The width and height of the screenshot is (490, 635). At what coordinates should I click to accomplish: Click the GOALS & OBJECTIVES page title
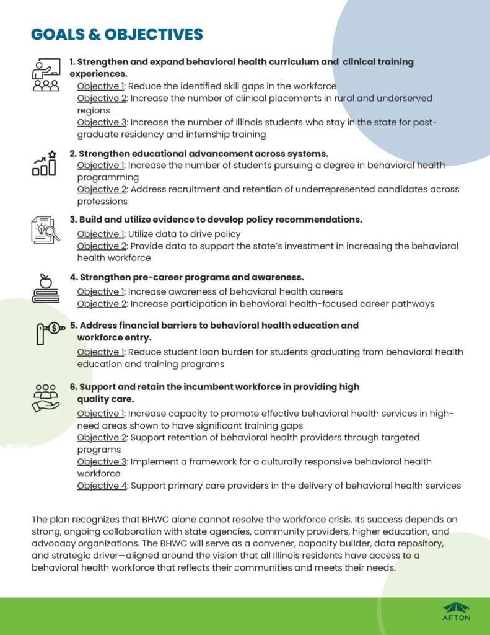tap(117, 34)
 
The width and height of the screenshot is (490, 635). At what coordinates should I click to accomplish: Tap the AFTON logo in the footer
tap(456, 610)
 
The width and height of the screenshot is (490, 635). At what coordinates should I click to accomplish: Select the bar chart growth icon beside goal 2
tap(45, 162)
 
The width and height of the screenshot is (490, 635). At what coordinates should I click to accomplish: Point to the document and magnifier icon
tap(45, 229)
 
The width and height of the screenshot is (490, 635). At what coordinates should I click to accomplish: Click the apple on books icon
tap(45, 289)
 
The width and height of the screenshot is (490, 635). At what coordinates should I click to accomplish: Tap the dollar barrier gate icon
tap(49, 332)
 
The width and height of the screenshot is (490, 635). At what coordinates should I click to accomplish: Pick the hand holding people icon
tap(46, 397)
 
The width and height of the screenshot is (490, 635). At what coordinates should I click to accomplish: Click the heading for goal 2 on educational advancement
tap(198, 153)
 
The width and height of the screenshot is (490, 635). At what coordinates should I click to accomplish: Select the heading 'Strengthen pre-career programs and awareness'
tap(186, 277)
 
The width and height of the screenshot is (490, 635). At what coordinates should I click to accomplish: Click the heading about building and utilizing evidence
tap(216, 220)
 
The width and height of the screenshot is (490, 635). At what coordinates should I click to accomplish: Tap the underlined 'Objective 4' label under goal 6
tap(101, 485)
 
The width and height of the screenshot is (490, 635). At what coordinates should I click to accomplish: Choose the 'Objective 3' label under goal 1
tap(101, 122)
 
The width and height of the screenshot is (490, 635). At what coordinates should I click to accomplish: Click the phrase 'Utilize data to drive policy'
tap(184, 234)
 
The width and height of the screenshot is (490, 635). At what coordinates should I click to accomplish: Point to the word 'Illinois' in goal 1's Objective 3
tap(228, 122)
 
